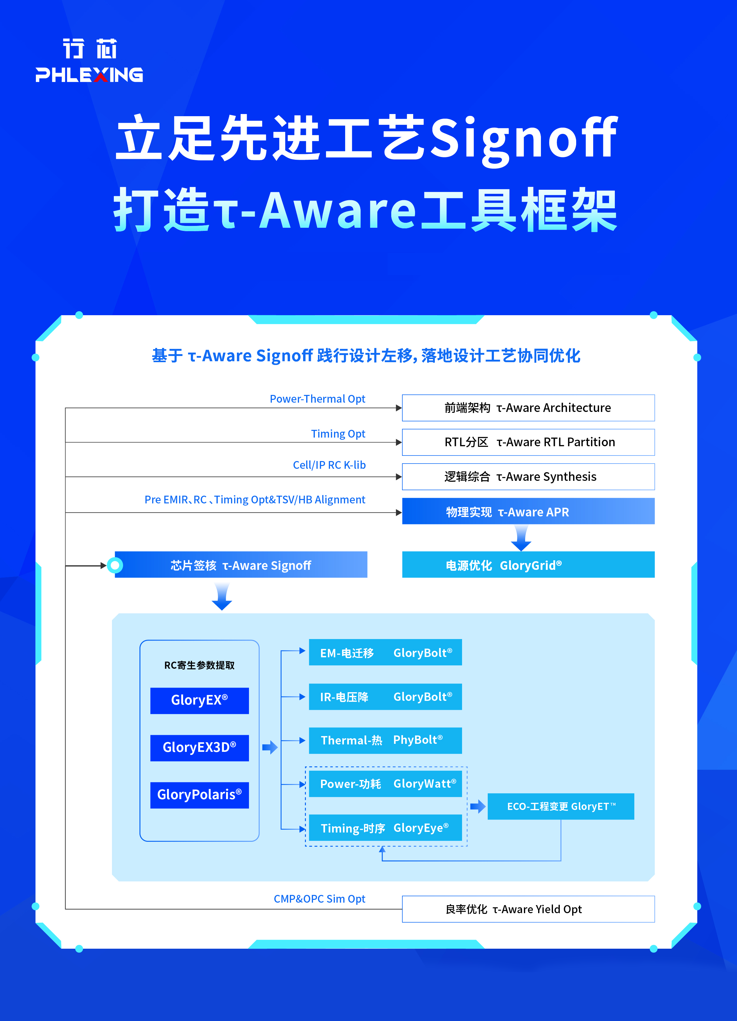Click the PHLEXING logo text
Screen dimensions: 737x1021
tap(89, 75)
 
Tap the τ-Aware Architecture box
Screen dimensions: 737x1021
tap(528, 408)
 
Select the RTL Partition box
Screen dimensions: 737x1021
tap(528, 442)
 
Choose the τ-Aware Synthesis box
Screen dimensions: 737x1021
tap(528, 477)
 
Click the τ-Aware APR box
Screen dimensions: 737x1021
tap(528, 511)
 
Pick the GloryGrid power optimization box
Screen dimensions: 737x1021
tap(528, 565)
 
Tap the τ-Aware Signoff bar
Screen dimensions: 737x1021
tap(241, 565)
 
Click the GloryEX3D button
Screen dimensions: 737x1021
tap(199, 748)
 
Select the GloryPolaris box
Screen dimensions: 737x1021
tap(199, 795)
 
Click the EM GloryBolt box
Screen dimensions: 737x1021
tap(385, 652)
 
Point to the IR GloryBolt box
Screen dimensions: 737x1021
tap(385, 697)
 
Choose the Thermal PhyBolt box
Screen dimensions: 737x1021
tap(385, 740)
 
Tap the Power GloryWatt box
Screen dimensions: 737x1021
tap(385, 784)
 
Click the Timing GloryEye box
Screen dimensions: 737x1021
tap(385, 828)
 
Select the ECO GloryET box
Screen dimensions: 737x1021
tap(561, 806)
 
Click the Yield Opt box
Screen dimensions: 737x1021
tap(528, 909)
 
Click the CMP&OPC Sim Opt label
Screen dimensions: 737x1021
tap(319, 899)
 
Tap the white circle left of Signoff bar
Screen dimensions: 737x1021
tap(115, 565)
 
